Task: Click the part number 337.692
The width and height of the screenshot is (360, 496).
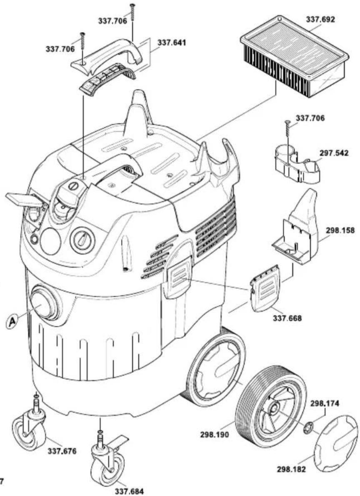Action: pos(320,20)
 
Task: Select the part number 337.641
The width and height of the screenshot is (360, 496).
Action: pos(172,42)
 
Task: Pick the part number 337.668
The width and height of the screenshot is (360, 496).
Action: pos(287,318)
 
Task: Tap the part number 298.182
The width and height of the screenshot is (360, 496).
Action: pos(291,469)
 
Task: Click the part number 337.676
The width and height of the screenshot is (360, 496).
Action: pos(62,451)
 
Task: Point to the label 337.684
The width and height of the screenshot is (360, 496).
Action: pos(129,491)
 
